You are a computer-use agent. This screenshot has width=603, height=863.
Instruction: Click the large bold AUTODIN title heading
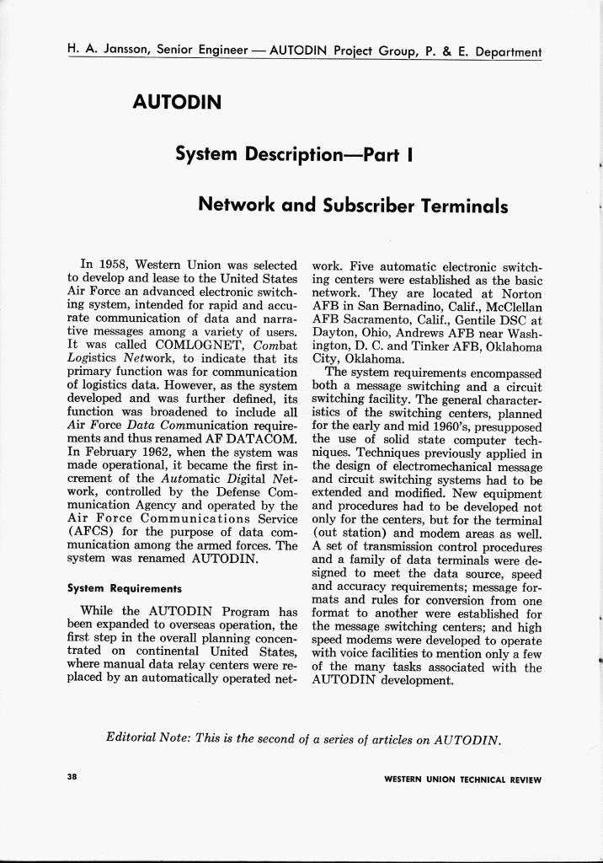pyautogui.click(x=177, y=103)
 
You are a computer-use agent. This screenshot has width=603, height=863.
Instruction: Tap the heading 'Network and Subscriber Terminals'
pyautogui.click(x=352, y=205)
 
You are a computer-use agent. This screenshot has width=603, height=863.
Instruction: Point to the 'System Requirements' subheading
pyautogui.click(x=124, y=588)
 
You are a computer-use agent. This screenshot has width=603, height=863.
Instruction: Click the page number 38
pyautogui.click(x=72, y=778)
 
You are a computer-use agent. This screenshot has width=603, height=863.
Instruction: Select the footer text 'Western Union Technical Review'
pyautogui.click(x=462, y=780)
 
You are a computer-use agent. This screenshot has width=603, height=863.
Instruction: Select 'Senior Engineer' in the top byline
pyautogui.click(x=200, y=50)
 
